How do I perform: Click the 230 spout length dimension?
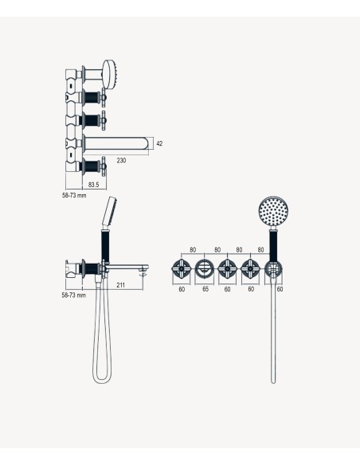click(x=121, y=160)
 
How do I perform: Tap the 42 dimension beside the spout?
click(x=159, y=143)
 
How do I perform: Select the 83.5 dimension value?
click(x=93, y=185)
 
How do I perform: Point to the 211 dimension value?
click(x=121, y=285)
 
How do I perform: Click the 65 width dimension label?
click(x=205, y=289)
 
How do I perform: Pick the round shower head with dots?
click(x=273, y=211)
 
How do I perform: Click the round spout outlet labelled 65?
click(x=205, y=268)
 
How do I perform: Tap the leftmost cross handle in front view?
click(x=181, y=268)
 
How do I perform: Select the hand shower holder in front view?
click(x=273, y=269)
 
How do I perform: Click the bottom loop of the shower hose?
click(x=102, y=381)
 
